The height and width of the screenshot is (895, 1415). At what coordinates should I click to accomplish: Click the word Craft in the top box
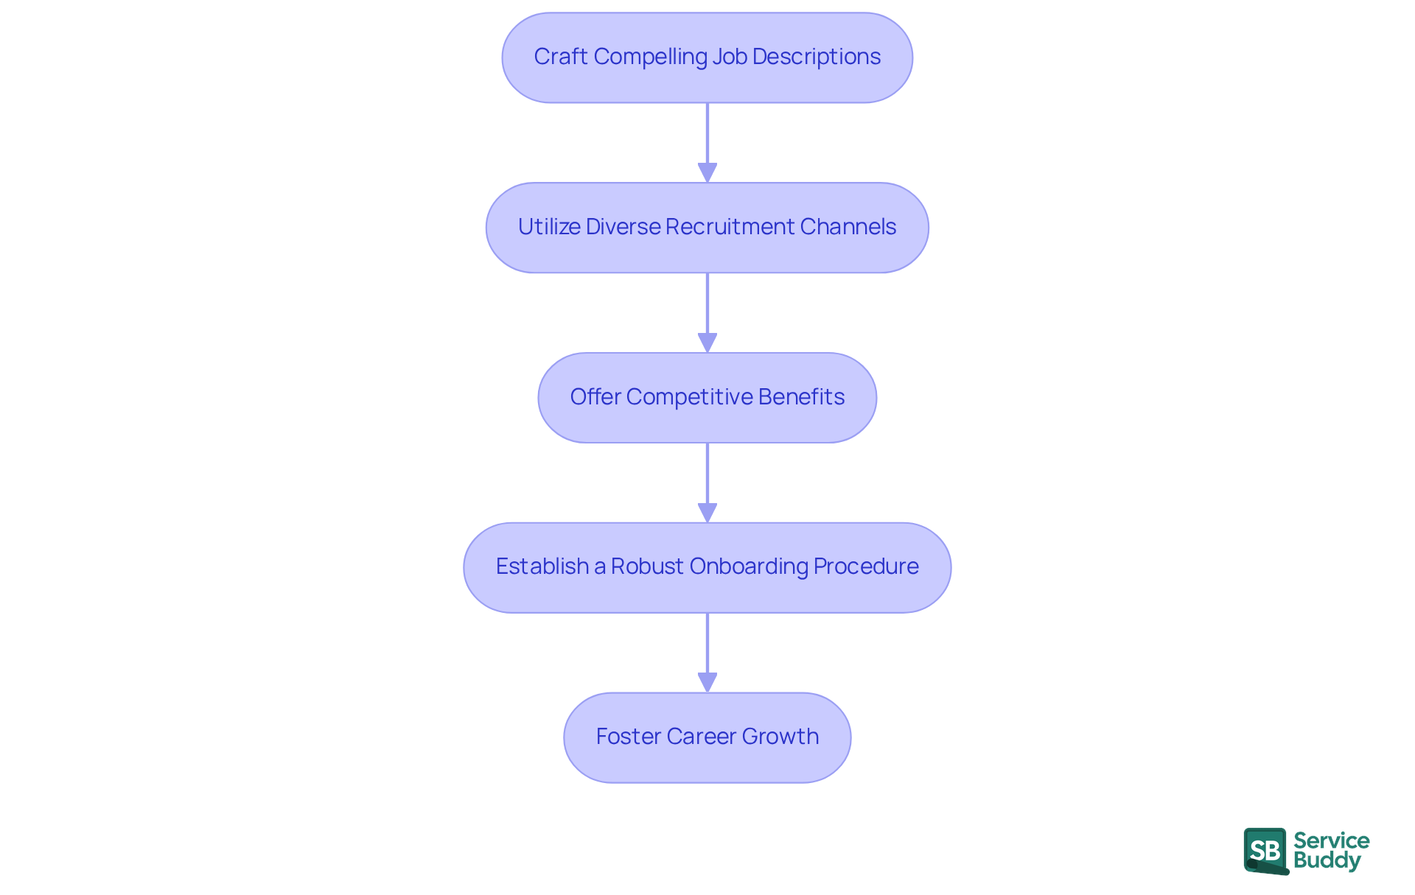point(560,57)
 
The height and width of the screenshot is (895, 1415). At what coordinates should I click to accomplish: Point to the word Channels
point(848,227)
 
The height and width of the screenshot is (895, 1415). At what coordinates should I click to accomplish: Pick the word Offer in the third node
point(595,397)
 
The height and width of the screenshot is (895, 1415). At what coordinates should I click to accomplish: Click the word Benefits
point(801,397)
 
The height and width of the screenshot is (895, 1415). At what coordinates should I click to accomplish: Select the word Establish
point(542,566)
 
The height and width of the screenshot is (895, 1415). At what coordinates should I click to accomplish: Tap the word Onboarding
point(749,566)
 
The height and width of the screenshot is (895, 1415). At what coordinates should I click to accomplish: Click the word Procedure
point(866,566)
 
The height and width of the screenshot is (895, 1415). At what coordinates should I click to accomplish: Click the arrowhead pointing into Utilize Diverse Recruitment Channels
point(707,172)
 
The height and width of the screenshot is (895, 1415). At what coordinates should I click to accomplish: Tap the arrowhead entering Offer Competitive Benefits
point(707,343)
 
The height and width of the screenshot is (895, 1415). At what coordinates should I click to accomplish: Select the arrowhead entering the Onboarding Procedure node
point(707,513)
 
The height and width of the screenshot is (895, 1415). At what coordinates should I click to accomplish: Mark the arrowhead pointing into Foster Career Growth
point(707,682)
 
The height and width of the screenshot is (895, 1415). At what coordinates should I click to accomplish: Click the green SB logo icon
point(1265,851)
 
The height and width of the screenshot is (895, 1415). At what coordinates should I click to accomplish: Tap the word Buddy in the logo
point(1327,860)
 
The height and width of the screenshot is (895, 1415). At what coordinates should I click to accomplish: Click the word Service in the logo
point(1331,840)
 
